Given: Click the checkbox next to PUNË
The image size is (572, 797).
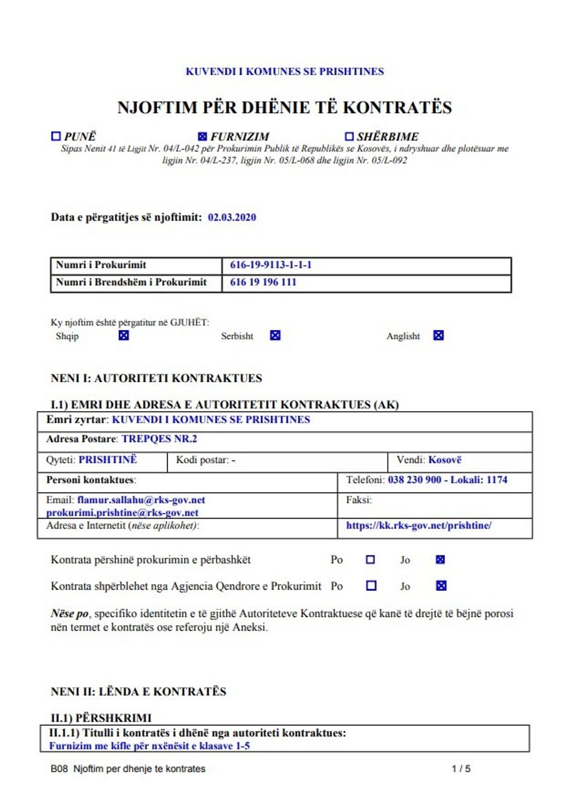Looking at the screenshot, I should click(56, 136).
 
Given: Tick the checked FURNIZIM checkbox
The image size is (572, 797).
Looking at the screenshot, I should click(203, 136).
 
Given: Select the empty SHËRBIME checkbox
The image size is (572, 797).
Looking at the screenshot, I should click(349, 136).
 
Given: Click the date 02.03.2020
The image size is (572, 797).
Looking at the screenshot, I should click(232, 217).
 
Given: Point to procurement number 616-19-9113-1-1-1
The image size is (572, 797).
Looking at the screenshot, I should click(271, 264).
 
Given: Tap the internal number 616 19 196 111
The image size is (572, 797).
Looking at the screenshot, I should click(263, 282).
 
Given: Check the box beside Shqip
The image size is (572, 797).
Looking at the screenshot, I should click(124, 335).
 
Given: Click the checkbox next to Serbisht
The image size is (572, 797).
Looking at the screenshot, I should click(275, 335).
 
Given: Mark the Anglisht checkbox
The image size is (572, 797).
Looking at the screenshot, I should click(438, 335).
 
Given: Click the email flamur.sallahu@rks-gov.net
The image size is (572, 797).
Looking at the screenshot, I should click(141, 500).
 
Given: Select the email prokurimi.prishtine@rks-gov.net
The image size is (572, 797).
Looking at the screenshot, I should click(123, 513).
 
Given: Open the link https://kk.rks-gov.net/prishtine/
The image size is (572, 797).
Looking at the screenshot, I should click(418, 525).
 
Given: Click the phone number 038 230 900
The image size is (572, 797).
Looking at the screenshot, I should click(414, 479).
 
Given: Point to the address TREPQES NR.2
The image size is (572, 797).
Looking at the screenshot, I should click(159, 438).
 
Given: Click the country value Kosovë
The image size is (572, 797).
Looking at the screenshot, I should click(445, 460).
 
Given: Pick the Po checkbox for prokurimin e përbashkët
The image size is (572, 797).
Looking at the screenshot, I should click(370, 559).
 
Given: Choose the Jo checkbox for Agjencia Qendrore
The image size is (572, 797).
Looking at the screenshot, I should click(441, 586).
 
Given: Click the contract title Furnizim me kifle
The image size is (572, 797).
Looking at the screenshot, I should click(149, 746).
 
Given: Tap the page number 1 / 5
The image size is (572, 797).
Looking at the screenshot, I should click(461, 768).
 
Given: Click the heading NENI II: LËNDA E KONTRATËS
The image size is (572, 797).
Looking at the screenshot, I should click(138, 691).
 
